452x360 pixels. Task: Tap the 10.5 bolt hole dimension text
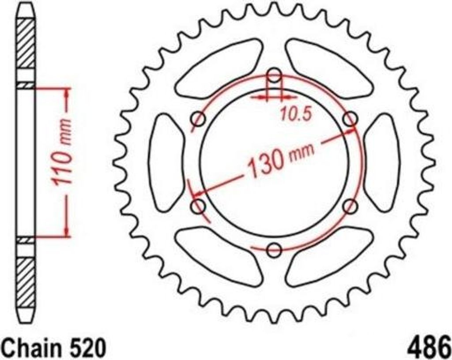pos(296,114)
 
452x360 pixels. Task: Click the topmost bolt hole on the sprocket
pos(275,77)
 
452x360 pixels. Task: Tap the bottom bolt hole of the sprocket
pos(275,250)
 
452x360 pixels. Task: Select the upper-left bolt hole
pos(200,120)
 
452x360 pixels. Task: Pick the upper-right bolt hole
pos(350,119)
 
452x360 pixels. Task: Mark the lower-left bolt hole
pos(199,206)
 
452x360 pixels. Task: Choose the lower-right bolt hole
pos(350,206)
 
